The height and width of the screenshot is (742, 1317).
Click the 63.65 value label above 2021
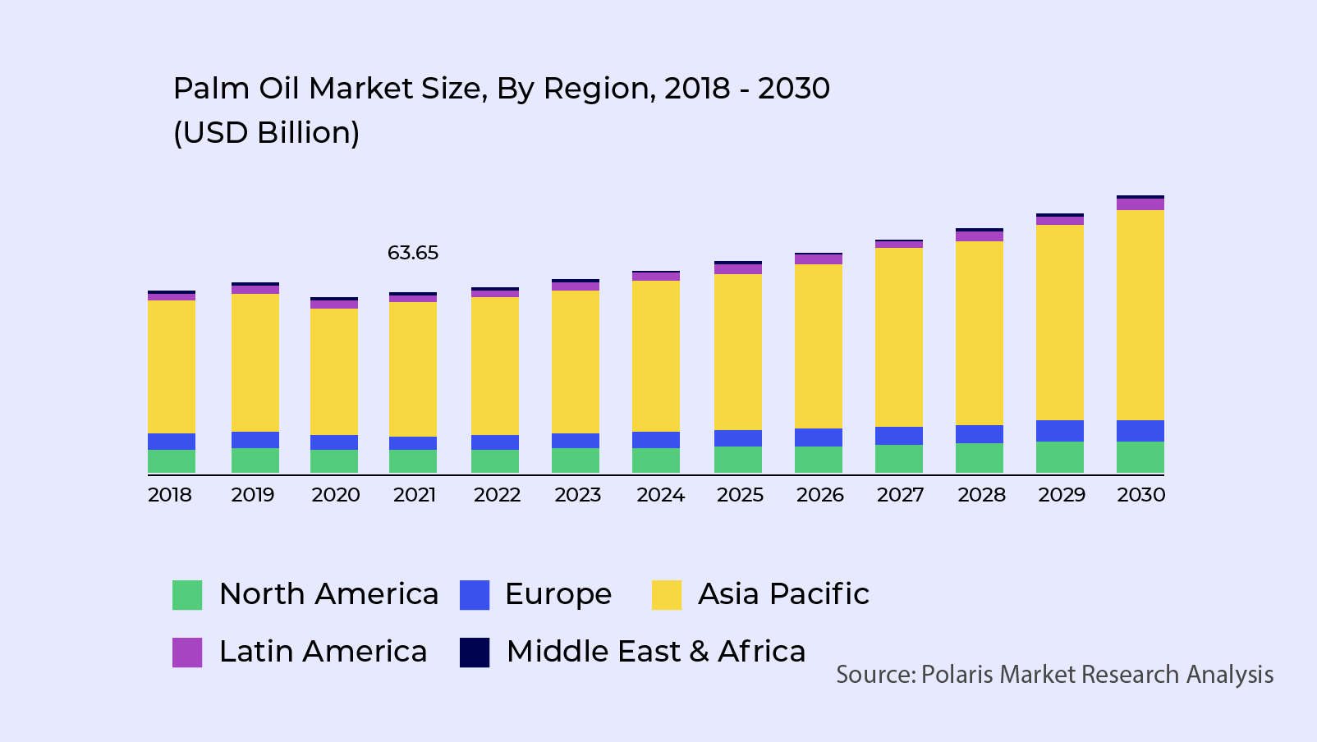tap(413, 253)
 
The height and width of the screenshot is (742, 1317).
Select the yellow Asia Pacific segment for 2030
tap(1140, 315)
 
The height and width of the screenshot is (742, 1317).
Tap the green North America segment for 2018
tap(172, 460)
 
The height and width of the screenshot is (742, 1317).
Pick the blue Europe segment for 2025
tap(737, 438)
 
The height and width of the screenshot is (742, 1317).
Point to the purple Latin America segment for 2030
tap(1140, 204)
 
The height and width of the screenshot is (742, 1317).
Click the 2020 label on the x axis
tap(335, 495)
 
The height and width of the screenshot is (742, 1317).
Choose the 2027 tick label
tap(900, 495)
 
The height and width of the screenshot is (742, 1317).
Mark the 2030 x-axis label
tap(1140, 495)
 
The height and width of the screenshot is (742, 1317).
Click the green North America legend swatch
tap(187, 595)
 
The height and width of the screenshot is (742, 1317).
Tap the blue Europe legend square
tap(475, 595)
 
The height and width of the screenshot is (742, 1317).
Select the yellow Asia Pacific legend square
tap(667, 595)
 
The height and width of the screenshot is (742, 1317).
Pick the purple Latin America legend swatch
tap(187, 653)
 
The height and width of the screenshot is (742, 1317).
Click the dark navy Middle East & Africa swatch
tap(475, 653)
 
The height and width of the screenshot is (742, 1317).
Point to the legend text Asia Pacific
tap(783, 594)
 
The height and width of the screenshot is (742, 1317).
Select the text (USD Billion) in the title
tap(266, 133)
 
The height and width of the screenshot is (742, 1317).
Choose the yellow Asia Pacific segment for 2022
tap(494, 366)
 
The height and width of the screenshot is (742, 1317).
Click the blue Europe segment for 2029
tap(1059, 431)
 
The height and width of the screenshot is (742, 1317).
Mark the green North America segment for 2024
tap(655, 460)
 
